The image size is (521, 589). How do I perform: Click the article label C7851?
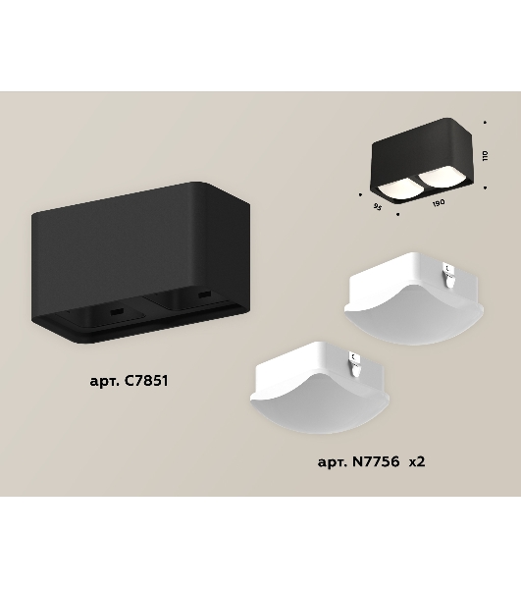[x=129, y=381]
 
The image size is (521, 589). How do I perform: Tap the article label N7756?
[x=359, y=461]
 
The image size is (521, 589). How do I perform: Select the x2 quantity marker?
[x=417, y=461]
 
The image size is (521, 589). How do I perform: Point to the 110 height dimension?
[x=486, y=155]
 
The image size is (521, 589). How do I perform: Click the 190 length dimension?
[x=439, y=203]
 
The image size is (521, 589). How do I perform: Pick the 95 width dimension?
[x=377, y=206]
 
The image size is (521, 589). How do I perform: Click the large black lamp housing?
[x=140, y=262]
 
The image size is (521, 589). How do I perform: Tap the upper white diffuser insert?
[x=414, y=297]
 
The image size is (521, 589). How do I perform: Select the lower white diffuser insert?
[x=320, y=388]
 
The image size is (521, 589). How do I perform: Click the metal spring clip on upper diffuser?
[x=449, y=273]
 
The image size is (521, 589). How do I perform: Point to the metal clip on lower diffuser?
[x=355, y=361]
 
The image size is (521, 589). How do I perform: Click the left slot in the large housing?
[x=118, y=311]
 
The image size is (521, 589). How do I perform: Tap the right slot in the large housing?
[x=204, y=294]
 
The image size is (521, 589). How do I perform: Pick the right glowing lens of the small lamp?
[x=438, y=179]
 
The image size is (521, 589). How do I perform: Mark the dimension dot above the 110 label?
[x=485, y=122]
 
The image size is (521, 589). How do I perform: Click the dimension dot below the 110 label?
[x=486, y=187]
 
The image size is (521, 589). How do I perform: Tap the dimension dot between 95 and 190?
[x=398, y=214]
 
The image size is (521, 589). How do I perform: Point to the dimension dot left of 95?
[x=360, y=194]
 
